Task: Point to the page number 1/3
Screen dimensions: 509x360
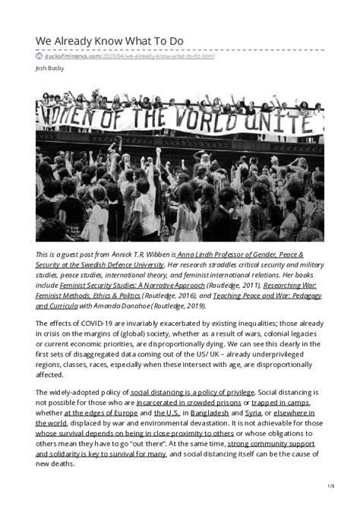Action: [331, 485]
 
